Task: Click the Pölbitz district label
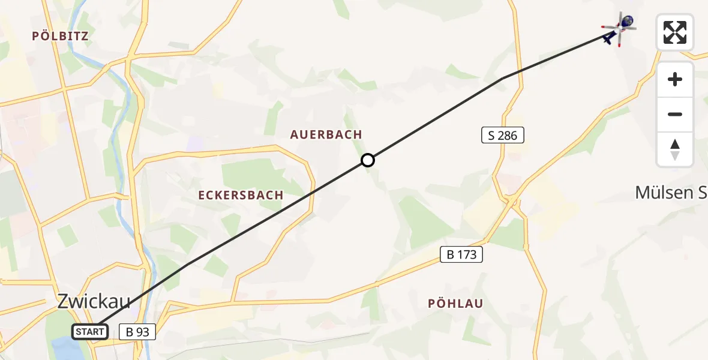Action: (60, 36)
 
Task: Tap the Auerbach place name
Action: (326, 134)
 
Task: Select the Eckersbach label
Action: (241, 196)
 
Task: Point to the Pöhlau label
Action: (455, 304)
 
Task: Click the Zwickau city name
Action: (94, 302)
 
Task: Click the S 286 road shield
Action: (503, 136)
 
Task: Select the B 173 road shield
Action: (461, 254)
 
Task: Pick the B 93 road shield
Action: (137, 331)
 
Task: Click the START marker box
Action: (90, 331)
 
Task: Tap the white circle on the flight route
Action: (368, 160)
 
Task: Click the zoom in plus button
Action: (675, 80)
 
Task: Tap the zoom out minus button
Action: (675, 115)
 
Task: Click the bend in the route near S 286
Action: (502, 79)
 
